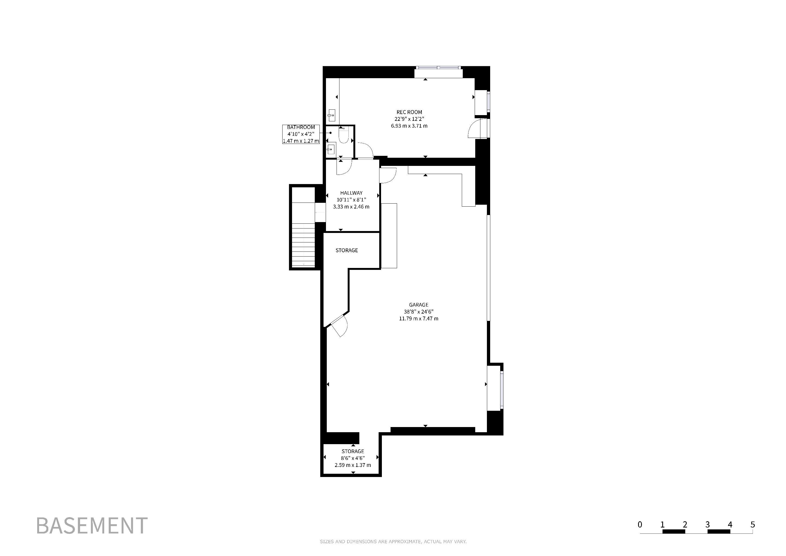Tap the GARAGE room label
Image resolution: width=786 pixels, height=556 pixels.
[419, 305]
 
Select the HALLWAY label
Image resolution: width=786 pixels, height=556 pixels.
[351, 193]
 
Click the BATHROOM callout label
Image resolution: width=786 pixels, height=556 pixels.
[301, 127]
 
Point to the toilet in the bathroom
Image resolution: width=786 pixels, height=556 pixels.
[343, 135]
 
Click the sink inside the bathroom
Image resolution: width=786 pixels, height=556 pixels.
[330, 149]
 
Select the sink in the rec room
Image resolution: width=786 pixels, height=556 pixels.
[331, 115]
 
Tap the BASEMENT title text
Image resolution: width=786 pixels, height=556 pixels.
[92, 526]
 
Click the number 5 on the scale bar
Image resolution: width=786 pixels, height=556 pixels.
[752, 525]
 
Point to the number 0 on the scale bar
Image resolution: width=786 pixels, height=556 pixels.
[640, 525]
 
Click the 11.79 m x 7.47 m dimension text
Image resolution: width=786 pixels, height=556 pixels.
[419, 319]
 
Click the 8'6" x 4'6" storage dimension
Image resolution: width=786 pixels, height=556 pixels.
[353, 458]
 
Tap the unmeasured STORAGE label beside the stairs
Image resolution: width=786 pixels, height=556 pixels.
[347, 251]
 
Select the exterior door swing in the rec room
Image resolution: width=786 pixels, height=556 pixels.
[475, 128]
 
